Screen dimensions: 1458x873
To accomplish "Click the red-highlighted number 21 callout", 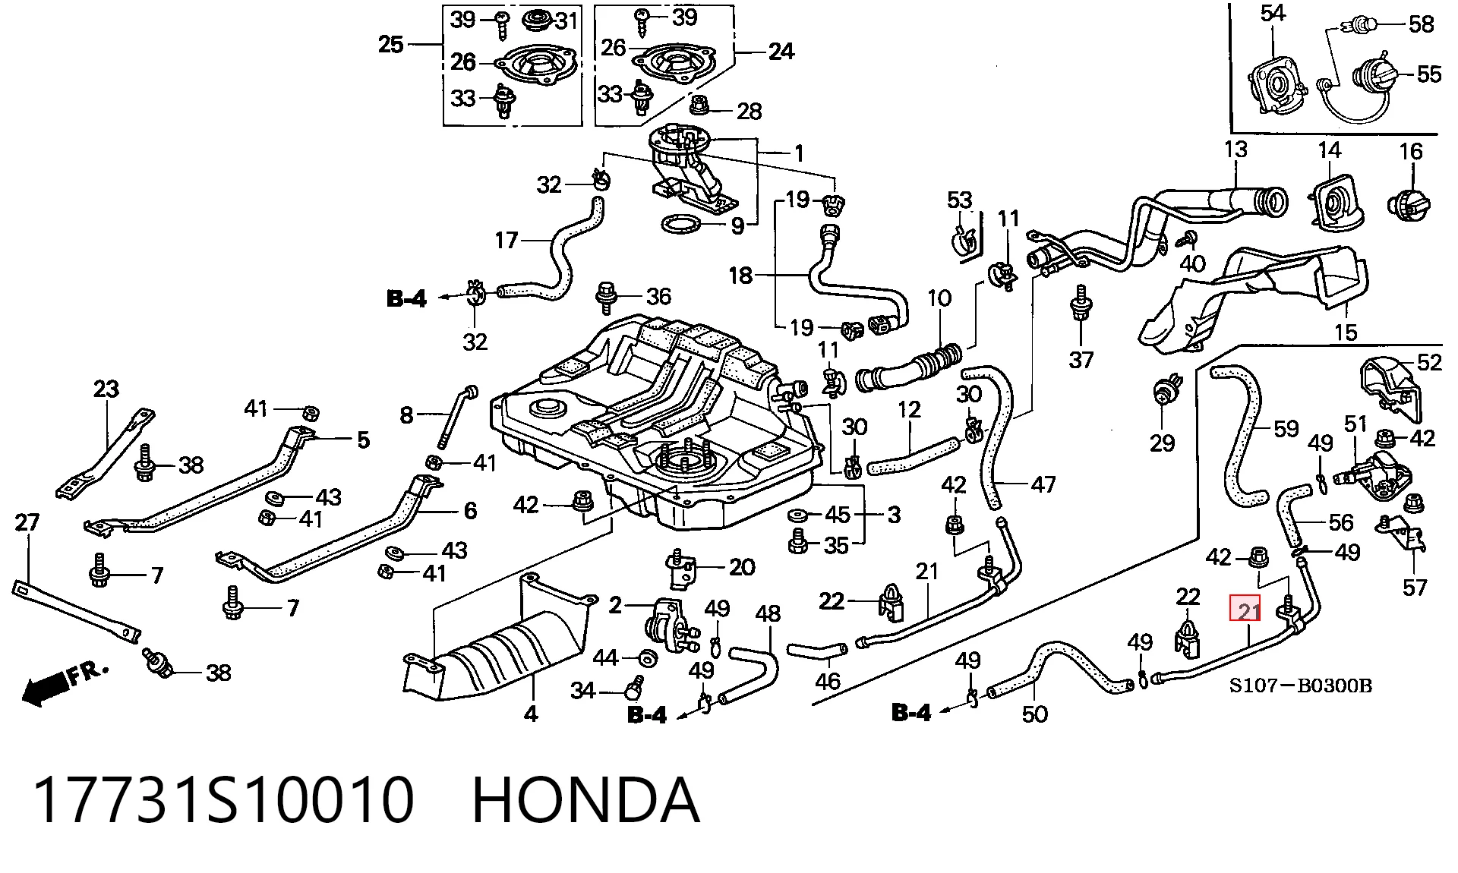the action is click(x=1245, y=610).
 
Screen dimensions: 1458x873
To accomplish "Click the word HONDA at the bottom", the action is click(x=585, y=800).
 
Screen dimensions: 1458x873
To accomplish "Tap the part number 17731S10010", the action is click(x=224, y=800).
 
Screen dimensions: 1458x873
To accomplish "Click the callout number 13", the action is click(x=1236, y=150).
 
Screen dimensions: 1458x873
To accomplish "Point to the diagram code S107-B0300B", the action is click(x=1301, y=686).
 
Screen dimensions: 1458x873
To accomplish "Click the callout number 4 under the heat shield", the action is click(x=531, y=714).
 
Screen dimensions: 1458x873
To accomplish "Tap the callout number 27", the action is click(x=27, y=522).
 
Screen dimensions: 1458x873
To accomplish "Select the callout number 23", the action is click(x=106, y=389).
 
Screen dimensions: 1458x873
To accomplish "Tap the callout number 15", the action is click(x=1345, y=332).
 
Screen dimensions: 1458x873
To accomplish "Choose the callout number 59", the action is click(x=1286, y=429).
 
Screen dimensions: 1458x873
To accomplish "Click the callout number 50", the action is click(x=1034, y=714).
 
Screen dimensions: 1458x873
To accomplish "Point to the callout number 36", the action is click(x=658, y=296).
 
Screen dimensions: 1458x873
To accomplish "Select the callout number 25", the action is click(x=391, y=45).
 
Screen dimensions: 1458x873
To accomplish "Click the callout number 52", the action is click(x=1429, y=362).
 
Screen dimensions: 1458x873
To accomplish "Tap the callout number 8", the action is click(x=407, y=415).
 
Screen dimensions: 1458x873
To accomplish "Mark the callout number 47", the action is click(x=1043, y=484).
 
